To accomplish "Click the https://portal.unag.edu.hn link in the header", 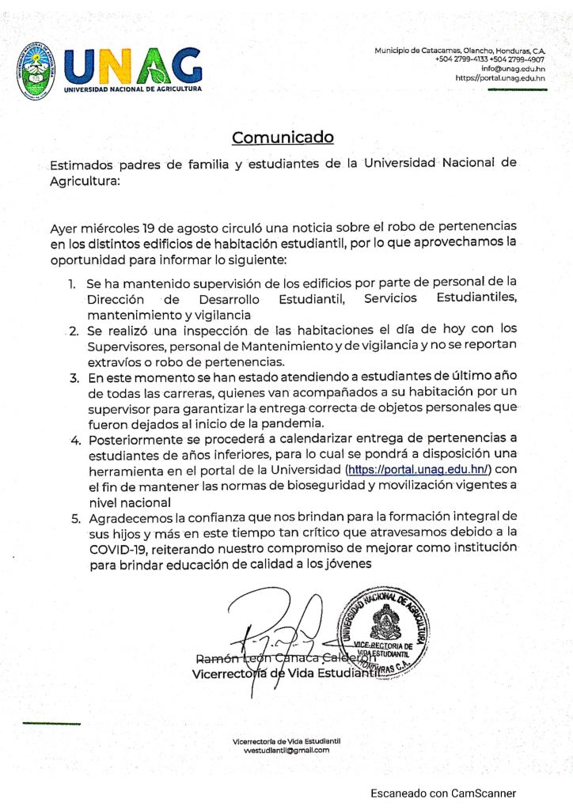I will click(500, 78).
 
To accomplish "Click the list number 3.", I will click(74, 380).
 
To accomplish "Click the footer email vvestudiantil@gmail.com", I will click(286, 750).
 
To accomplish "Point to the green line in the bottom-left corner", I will click(51, 723).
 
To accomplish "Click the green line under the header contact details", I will click(517, 89).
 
